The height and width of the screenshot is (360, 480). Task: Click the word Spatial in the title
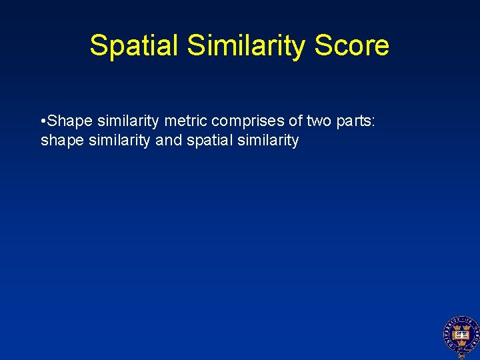click(135, 45)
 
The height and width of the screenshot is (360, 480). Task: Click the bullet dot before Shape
click(43, 121)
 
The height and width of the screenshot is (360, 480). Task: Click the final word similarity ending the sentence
click(265, 141)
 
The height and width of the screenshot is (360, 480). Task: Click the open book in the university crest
click(458, 333)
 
